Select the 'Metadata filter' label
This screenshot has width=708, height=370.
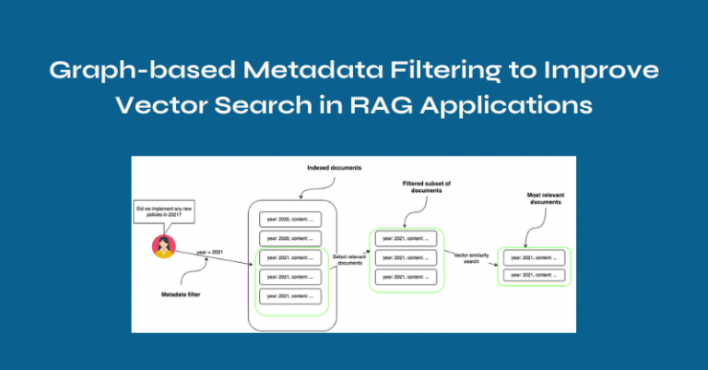[176, 294]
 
